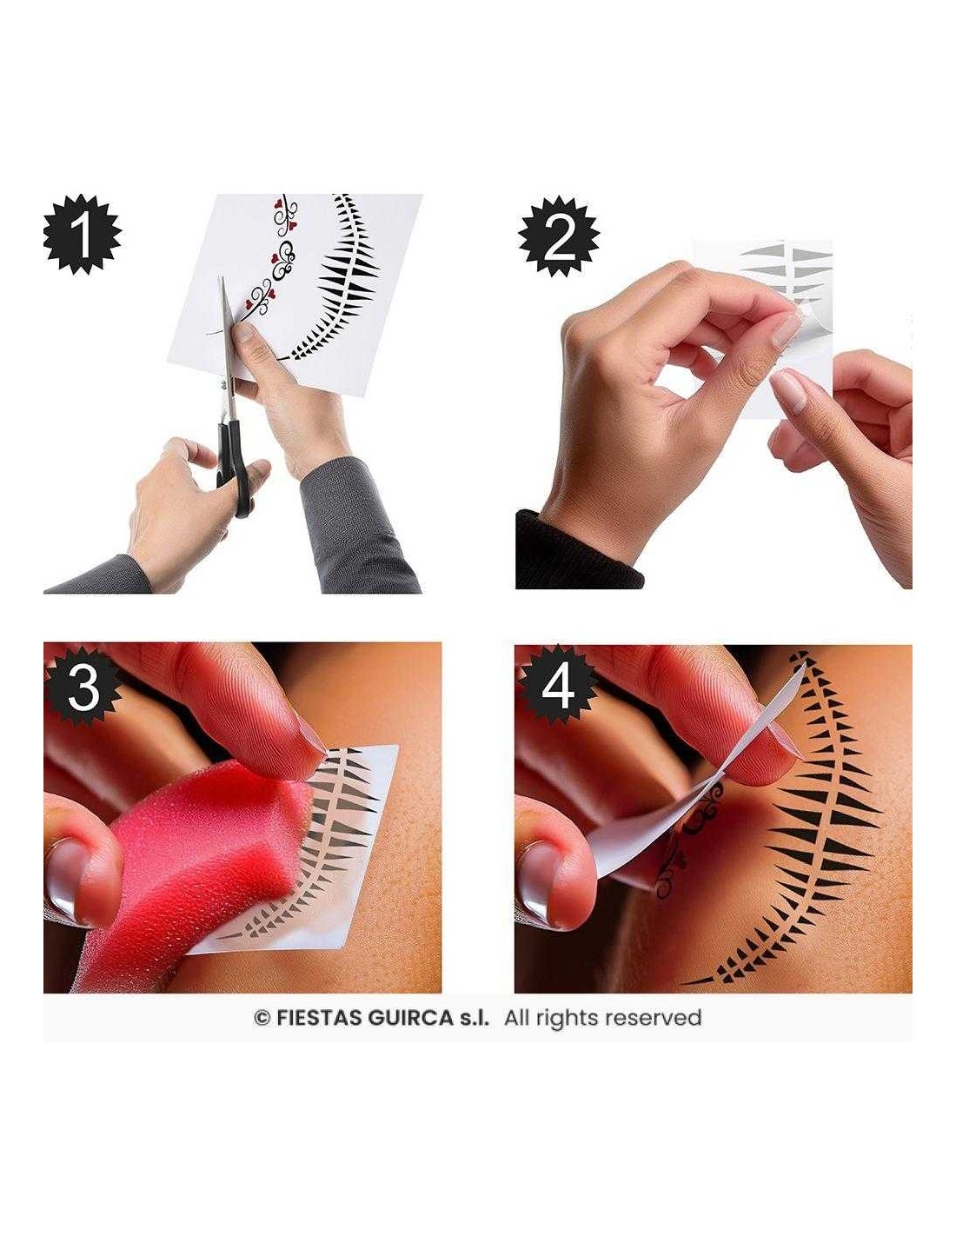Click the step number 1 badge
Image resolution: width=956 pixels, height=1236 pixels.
83,235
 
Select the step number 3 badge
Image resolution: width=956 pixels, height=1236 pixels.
83,688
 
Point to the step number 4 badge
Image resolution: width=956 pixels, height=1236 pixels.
557,688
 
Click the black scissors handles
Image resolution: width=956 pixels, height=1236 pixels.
233,467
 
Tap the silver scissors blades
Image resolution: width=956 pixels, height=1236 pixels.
227,347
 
